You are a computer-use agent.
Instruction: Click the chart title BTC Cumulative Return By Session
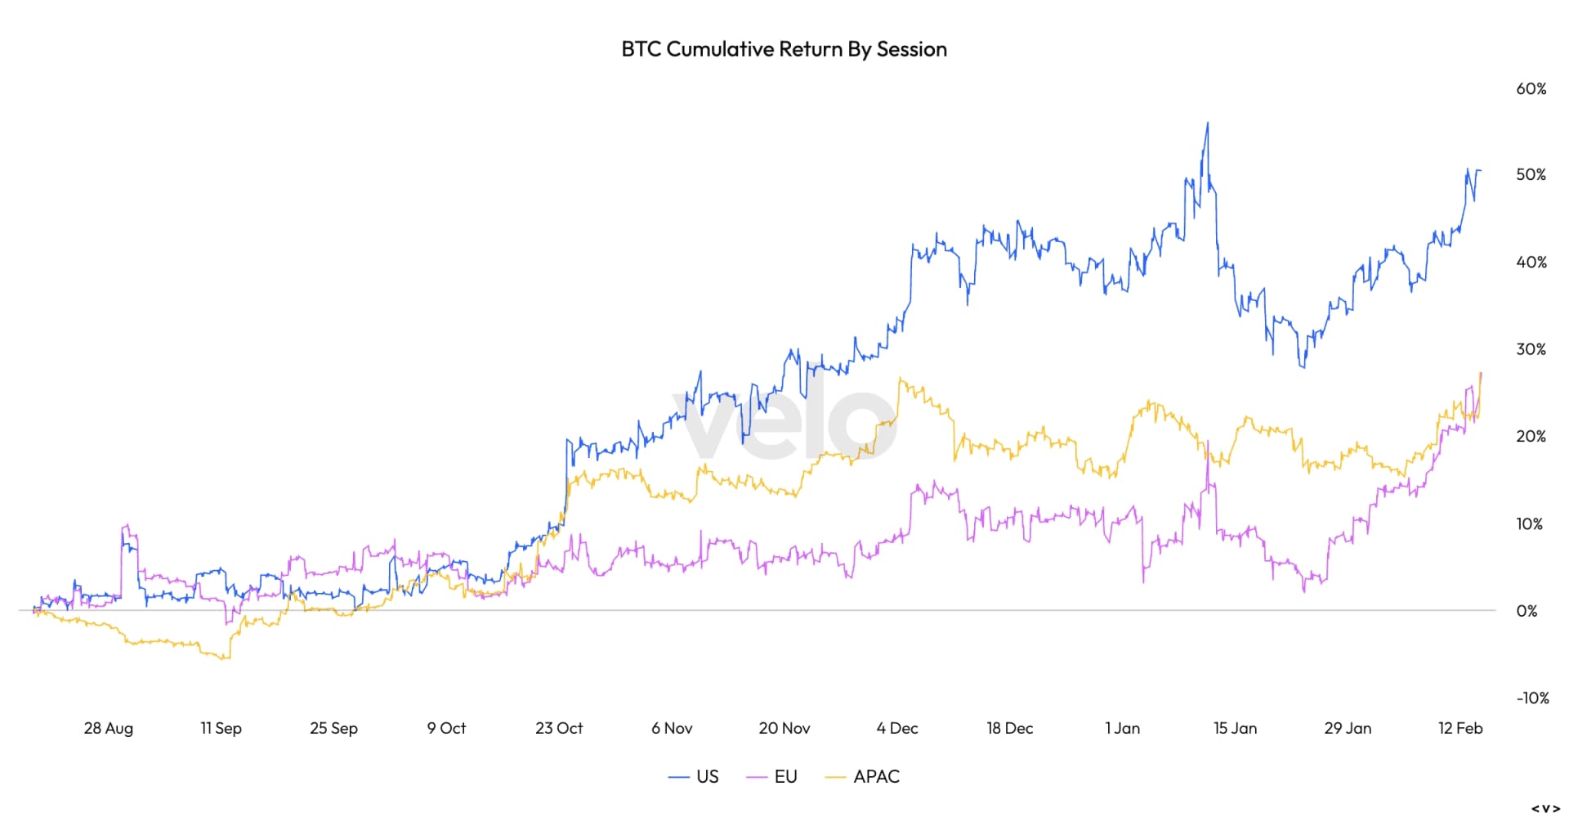[784, 49]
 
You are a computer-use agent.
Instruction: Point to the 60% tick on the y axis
[1531, 88]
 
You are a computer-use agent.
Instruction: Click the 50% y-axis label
[1531, 175]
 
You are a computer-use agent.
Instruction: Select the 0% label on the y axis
[1526, 611]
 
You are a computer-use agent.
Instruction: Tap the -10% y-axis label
[1532, 698]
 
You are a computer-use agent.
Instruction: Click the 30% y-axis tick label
[1531, 349]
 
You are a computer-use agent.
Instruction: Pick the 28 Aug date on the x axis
[108, 728]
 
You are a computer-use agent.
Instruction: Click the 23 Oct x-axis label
[559, 728]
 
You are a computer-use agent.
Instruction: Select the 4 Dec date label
[897, 728]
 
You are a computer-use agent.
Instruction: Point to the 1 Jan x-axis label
[1122, 728]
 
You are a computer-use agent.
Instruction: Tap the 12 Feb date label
[1459, 728]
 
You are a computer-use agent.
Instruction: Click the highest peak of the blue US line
[1208, 124]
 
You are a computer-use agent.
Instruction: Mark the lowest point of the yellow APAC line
[226, 658]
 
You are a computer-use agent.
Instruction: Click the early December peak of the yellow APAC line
[900, 379]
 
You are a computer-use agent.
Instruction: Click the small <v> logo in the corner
[1545, 808]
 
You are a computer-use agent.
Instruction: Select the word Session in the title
[911, 49]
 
